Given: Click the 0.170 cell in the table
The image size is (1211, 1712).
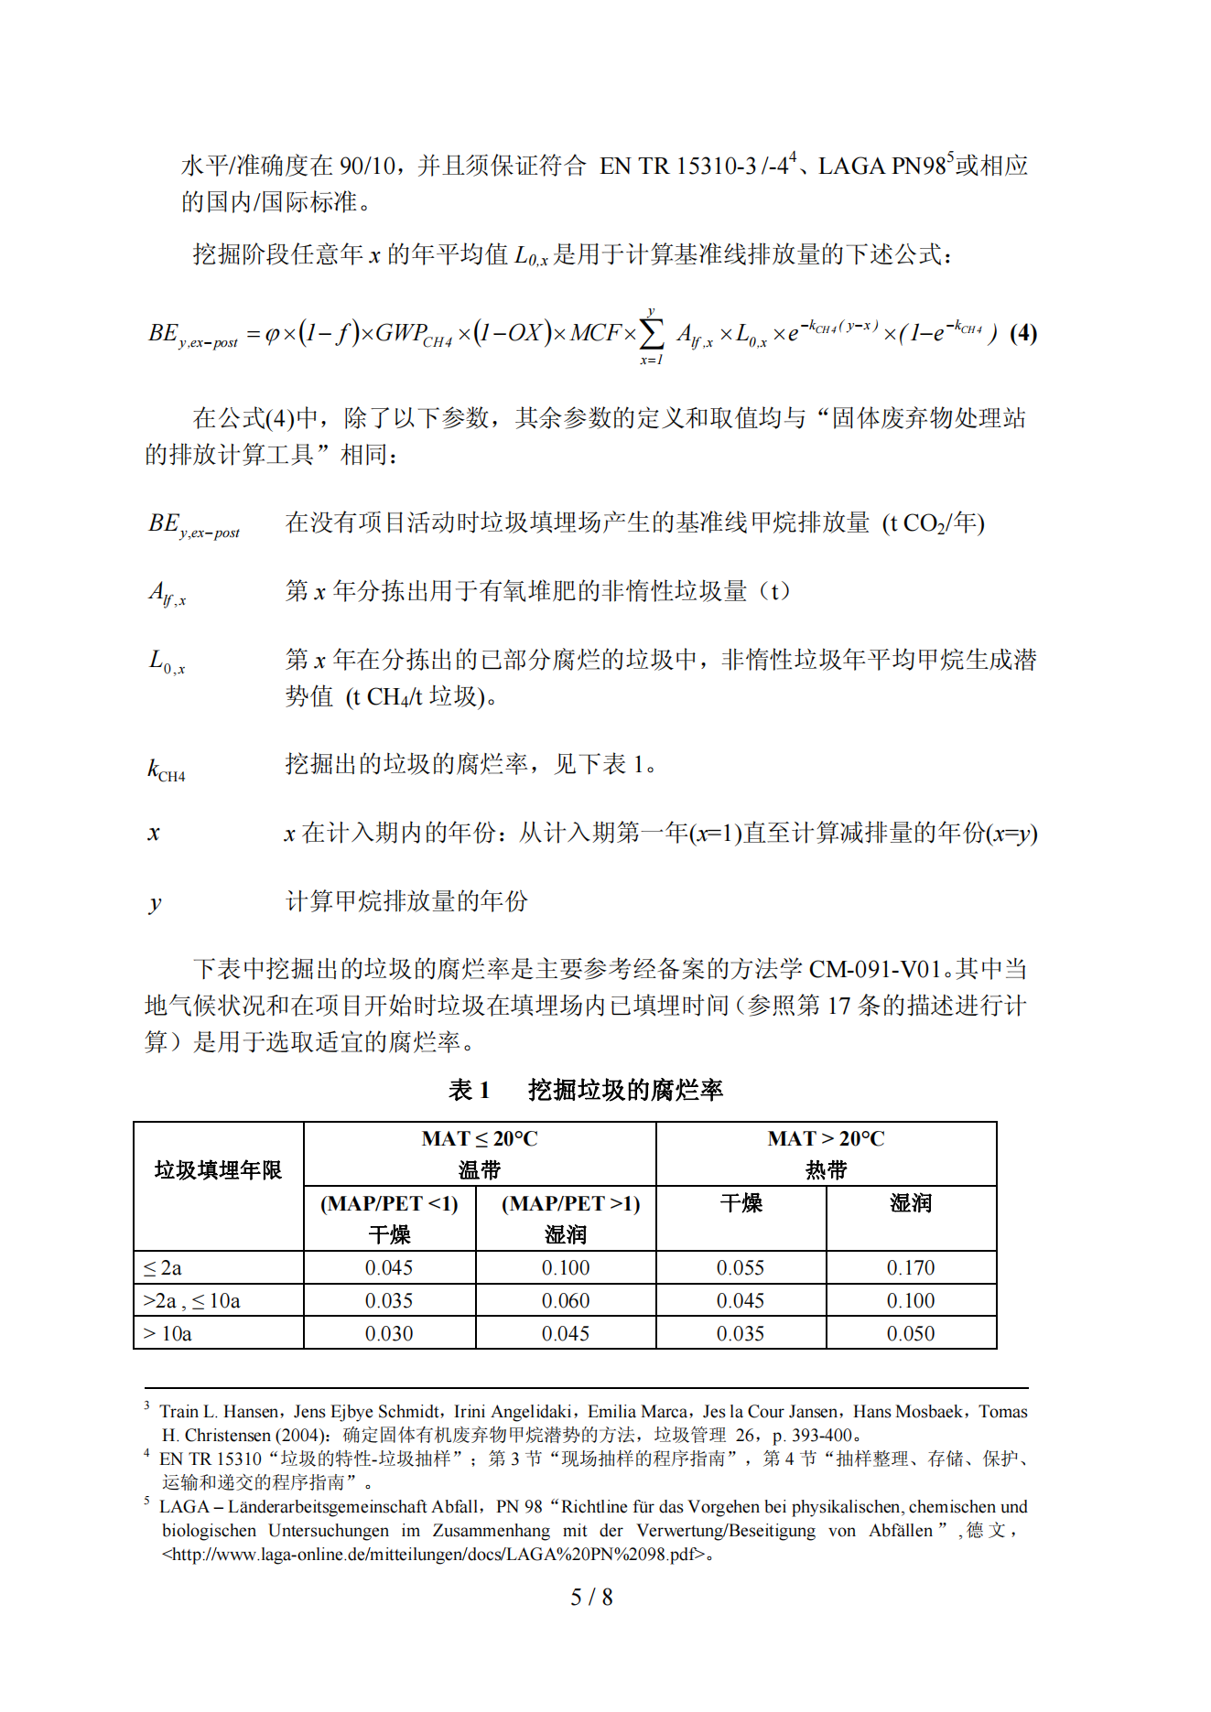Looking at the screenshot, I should coord(910,1267).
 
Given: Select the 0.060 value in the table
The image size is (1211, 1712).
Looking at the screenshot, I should coord(565,1300).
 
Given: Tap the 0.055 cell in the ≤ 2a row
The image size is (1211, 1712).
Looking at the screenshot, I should coord(740,1267).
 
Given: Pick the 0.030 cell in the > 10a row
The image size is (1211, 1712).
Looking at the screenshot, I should coord(389,1333).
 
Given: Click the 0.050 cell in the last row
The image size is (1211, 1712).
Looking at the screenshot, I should coord(910,1333).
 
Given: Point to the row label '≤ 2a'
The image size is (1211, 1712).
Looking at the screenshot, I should coord(163,1268).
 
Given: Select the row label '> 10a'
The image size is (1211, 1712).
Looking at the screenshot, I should coord(168,1334).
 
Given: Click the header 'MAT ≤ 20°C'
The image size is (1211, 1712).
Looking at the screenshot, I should coord(479,1139).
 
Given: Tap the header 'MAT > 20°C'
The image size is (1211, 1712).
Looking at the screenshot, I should coord(826,1139).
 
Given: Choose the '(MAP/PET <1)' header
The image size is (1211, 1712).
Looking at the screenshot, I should coord(389,1203).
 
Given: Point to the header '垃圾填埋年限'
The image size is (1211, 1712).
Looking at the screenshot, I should coord(218,1170).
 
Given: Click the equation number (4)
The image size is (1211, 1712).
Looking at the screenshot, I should coord(1022,333).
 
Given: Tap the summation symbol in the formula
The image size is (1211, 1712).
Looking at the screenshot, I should coord(651,334).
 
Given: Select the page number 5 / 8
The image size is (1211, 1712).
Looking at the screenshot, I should coord(591,1597).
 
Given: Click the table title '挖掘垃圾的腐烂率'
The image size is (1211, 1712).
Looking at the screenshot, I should coord(625,1090).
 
